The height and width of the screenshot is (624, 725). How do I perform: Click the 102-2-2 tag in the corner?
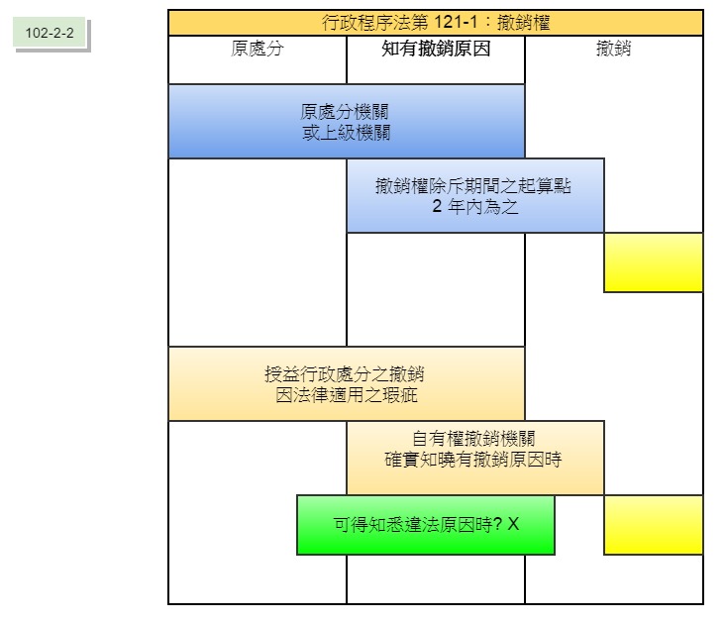pos(51,33)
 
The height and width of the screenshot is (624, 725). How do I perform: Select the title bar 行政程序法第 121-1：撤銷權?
pos(436,23)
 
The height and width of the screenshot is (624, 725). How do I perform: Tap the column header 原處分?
pos(257,49)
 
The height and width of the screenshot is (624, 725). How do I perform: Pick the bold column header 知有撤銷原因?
pos(436,49)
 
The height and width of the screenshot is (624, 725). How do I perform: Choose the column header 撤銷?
pos(614,49)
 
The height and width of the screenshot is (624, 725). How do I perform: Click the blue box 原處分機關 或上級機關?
pos(346,122)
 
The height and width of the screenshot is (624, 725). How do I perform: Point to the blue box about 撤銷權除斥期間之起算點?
pos(474,196)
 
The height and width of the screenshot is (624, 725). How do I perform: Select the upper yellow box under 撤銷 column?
pos(653,262)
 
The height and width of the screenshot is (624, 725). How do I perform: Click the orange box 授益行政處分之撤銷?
pos(346,384)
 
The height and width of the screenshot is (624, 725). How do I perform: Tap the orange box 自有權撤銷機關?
pos(474,458)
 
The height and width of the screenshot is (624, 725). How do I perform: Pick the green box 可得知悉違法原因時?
pos(426,525)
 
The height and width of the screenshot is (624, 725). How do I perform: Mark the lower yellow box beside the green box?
pos(653,525)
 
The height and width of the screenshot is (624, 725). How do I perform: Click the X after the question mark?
pos(513,524)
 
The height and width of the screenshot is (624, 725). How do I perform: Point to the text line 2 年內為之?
pos(475,207)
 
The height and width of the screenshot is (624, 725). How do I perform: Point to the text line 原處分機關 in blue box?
pos(346,112)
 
